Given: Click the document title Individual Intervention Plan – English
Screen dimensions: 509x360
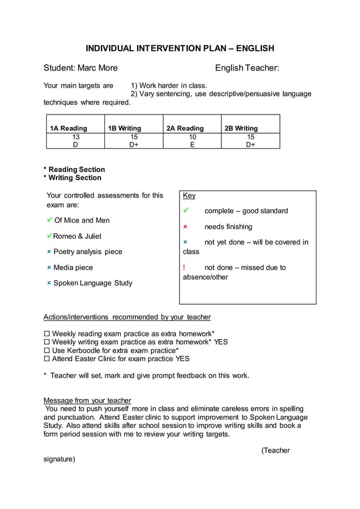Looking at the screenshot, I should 179,48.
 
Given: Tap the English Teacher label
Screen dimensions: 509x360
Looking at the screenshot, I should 247,68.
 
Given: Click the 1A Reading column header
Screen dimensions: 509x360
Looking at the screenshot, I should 68,128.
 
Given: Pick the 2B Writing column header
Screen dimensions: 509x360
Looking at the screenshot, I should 241,128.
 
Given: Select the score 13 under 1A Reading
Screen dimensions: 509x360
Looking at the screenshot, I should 76,137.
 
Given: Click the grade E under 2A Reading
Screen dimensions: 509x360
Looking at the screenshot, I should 192,144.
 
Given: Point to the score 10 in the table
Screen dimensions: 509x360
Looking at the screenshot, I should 192,137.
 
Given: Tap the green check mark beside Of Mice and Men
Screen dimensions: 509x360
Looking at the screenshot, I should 50,220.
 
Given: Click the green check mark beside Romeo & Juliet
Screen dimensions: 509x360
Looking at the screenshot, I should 50,235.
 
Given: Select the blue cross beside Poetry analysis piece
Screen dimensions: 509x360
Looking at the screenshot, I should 49,252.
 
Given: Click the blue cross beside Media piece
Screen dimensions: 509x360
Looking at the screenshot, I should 49,267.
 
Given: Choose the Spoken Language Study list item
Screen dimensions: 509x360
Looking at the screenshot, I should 93,283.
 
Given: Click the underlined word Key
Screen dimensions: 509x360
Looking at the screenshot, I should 189,195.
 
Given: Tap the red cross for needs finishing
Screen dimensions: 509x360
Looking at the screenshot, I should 185,227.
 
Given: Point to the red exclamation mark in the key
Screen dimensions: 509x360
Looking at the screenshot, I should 185,267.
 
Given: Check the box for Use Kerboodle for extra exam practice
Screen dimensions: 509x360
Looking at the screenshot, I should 47,350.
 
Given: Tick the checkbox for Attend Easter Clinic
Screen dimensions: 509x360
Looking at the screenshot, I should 47,359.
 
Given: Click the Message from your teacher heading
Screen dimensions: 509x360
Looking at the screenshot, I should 87,400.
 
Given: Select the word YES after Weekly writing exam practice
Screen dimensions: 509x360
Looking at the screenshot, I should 221,342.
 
